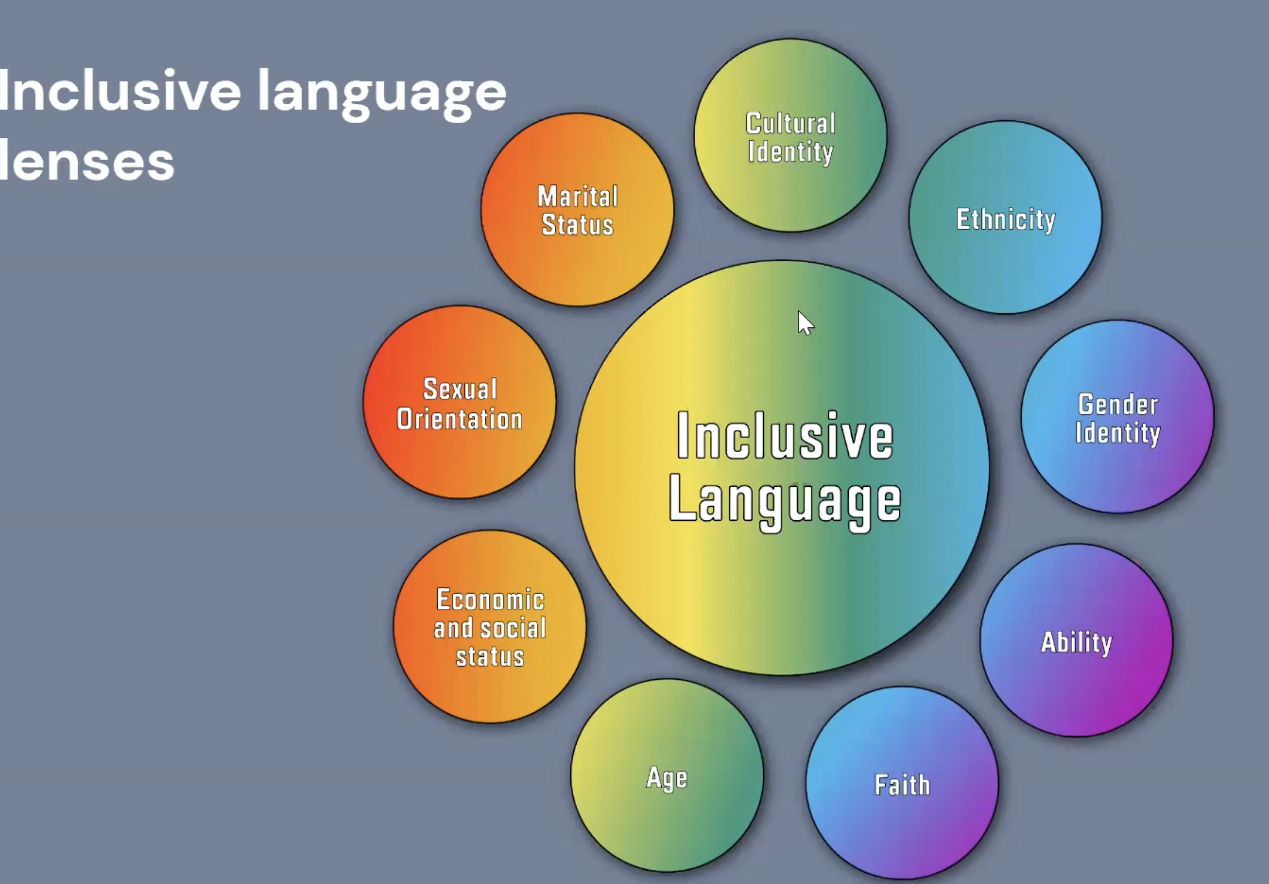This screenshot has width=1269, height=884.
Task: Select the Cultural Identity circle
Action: pos(790,136)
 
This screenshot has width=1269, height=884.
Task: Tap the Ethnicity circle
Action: pos(1005,217)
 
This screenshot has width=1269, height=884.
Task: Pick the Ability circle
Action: pos(1076,641)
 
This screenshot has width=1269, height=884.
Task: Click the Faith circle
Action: pos(902,784)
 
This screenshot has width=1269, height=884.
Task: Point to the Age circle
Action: pos(667,776)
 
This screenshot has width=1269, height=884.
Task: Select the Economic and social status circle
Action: pos(490,627)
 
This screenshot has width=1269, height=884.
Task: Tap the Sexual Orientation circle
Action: pos(460,402)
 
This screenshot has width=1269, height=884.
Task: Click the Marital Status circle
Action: pos(577,210)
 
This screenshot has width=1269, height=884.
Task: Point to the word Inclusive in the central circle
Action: pos(785,436)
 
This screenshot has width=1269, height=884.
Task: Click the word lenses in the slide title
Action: pos(86,161)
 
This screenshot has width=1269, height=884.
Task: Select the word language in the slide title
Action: pos(382,94)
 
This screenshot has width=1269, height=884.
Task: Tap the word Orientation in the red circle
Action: pos(460,419)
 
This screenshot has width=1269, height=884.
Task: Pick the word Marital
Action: pos(578,197)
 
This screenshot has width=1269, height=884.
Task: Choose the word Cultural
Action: pos(790,124)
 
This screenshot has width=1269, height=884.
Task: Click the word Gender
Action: pos(1118,405)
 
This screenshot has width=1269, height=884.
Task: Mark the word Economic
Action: pos(490,600)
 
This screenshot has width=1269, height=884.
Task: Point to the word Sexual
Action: pos(460,389)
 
